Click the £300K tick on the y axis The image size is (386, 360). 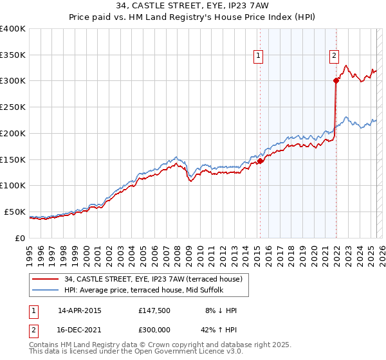[x=13, y=81]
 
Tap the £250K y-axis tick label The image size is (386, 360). [x=13, y=107]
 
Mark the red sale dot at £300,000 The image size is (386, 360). [x=336, y=80]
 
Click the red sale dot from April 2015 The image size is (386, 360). [x=260, y=161]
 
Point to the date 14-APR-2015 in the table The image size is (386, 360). [x=80, y=310]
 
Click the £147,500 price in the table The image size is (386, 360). [x=154, y=310]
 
